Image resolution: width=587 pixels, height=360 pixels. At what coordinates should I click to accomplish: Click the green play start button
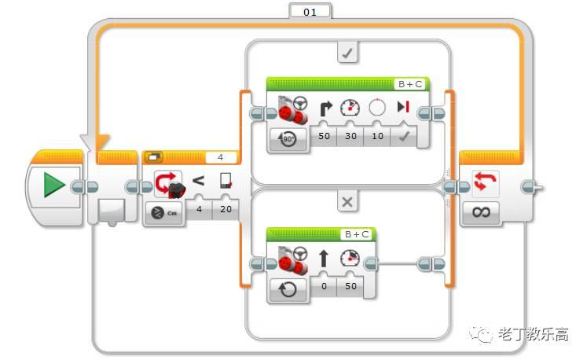(x=54, y=186)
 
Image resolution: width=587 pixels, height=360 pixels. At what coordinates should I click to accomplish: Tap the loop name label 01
(x=310, y=12)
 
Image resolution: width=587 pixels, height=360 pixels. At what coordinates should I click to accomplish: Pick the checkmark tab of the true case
(x=347, y=53)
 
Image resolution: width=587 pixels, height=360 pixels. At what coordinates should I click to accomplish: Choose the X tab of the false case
(x=347, y=202)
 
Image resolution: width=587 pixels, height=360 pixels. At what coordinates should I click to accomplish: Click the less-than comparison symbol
(x=198, y=181)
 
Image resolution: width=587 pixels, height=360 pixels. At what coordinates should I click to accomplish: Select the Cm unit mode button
(x=164, y=213)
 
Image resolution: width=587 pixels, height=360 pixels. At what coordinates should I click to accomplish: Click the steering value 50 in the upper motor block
(x=324, y=136)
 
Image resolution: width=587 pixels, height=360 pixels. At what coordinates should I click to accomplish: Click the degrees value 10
(x=377, y=136)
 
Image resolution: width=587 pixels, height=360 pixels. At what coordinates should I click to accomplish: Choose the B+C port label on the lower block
(x=356, y=234)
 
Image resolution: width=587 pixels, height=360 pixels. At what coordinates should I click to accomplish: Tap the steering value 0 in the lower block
(x=324, y=286)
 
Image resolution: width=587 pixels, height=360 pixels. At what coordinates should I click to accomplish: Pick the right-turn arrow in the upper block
(x=325, y=108)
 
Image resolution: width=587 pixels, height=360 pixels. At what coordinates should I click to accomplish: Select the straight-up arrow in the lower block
(x=325, y=258)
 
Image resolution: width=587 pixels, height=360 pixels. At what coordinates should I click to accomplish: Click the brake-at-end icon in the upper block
(x=403, y=107)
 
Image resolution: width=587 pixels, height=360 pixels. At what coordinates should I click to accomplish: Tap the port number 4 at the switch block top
(x=221, y=157)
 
